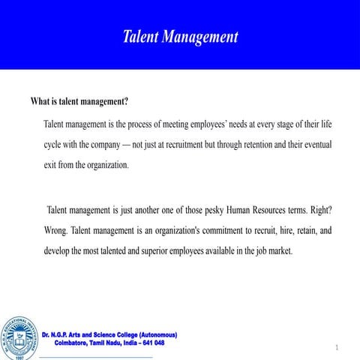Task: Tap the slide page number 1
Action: [x=338, y=347]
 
